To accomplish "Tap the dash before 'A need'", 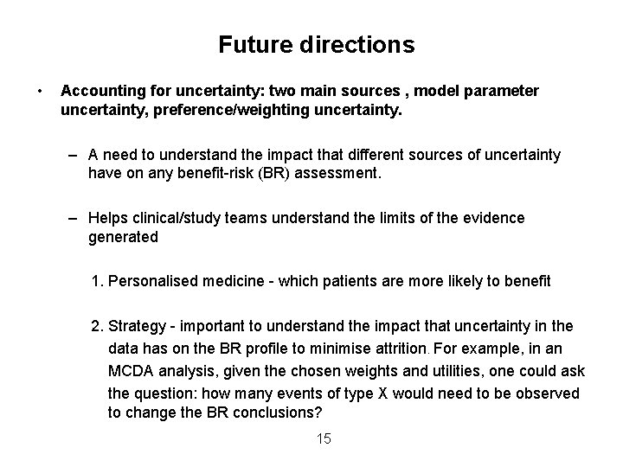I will point(76,155).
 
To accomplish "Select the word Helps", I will point(109,218).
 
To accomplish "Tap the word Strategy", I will point(138,326).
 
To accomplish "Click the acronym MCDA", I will point(134,371).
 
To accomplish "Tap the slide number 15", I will point(324,439).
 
